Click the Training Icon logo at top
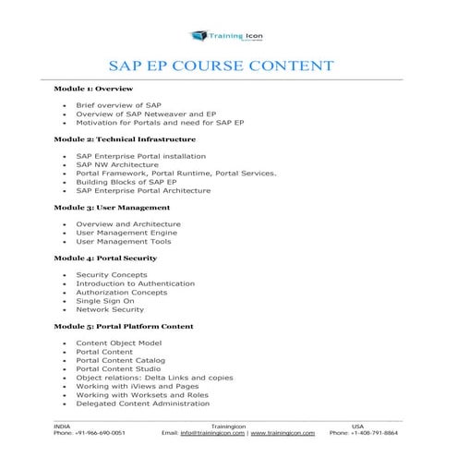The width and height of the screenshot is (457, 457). pyautogui.click(x=227, y=36)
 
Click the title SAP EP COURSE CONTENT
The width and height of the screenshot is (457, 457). pyautogui.click(x=227, y=66)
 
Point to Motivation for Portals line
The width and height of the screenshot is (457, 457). pyautogui.click(x=160, y=122)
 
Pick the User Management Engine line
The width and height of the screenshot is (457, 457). pyautogui.click(x=126, y=233)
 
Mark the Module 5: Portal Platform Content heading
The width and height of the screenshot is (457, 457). pyautogui.click(x=123, y=326)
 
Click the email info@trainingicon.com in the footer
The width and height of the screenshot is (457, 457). pyautogui.click(x=211, y=432)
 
